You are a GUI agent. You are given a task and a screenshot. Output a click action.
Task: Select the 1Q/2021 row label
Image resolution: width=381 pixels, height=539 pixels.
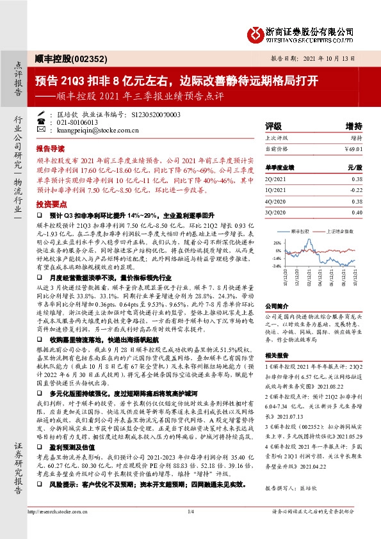[x=275, y=190]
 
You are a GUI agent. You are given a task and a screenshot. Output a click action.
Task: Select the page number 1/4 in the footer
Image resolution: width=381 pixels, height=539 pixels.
[x=190, y=529]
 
